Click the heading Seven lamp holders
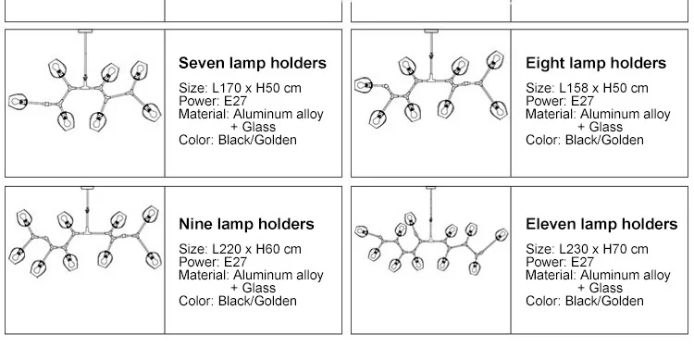click(253, 63)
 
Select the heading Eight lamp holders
click(596, 63)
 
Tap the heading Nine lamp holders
click(246, 224)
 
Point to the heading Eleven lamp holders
click(601, 224)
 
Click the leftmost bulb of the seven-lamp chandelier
click(19, 102)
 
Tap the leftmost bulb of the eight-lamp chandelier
click(364, 85)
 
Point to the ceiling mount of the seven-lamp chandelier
click(85, 31)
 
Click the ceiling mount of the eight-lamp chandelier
click(431, 31)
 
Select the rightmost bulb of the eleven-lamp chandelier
click(502, 235)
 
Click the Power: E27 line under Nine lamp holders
click(213, 262)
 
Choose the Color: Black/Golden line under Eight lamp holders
click(585, 140)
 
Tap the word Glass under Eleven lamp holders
click(606, 288)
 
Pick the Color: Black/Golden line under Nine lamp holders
click(238, 301)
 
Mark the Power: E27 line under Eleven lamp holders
click(560, 262)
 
